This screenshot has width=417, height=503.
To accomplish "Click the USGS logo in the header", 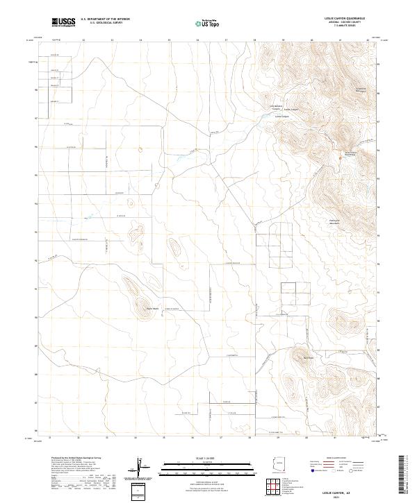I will point(63,23).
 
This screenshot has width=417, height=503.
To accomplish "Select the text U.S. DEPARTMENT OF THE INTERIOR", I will point(106,19).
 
